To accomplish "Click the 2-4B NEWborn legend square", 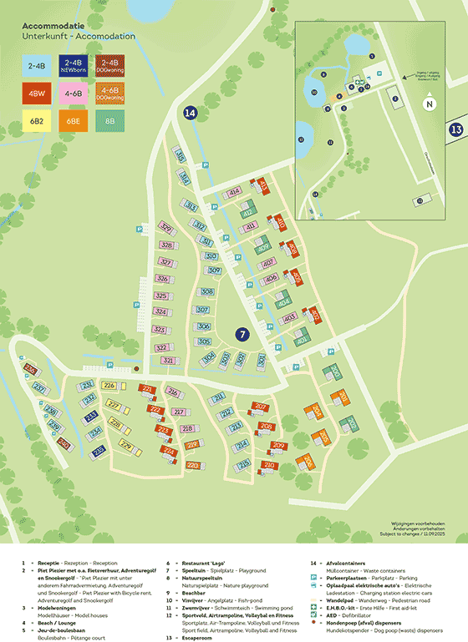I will coord(73,66).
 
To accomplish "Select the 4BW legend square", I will coord(37,94).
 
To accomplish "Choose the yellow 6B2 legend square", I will coord(37,121).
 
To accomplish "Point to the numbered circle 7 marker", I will coord(242,334).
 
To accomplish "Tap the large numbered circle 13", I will coord(456,129).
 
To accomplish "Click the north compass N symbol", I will coord(429,104).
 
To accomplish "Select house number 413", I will coord(263,185).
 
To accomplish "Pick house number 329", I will coord(166,230).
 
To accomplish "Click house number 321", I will coord(168,361).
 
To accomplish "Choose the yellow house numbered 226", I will coord(109,385).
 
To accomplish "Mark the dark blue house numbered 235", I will coord(99,451).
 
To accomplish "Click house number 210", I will coord(269,465).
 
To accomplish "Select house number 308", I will coord(204,291).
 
